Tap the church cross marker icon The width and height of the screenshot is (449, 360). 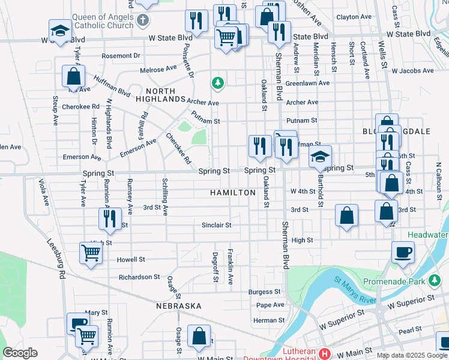(143, 21)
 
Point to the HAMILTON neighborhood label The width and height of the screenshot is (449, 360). (233, 193)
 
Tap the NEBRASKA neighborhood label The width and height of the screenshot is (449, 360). (178, 306)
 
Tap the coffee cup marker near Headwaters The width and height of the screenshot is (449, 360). (403, 253)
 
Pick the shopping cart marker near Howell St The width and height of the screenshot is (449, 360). (91, 253)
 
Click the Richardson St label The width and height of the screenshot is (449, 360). (139, 277)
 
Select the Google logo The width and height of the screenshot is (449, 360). (20, 353)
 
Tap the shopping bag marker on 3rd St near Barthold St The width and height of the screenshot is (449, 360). (346, 215)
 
